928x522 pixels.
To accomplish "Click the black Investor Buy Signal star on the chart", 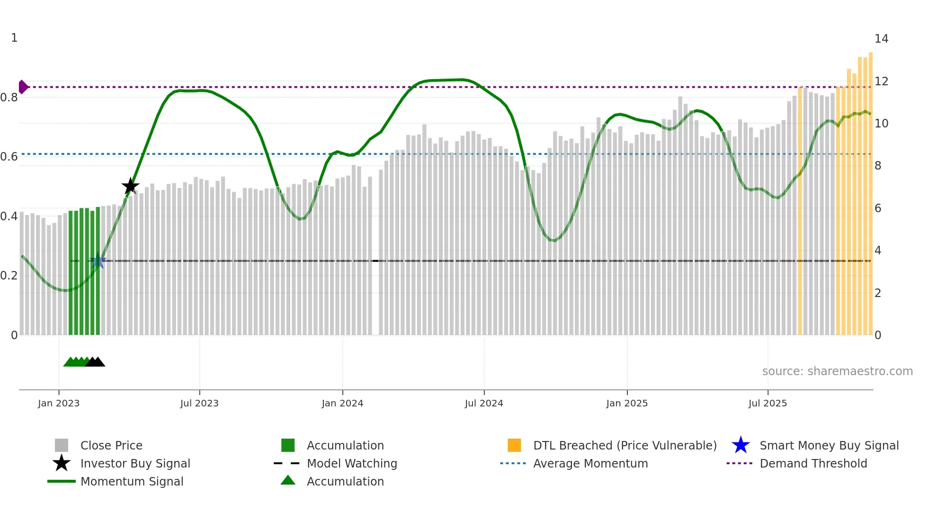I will coord(130,186).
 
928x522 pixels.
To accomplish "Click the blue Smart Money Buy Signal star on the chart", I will coord(98,261).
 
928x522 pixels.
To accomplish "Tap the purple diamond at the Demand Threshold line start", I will coord(23,87).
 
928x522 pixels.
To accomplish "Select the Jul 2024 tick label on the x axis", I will coord(484,403).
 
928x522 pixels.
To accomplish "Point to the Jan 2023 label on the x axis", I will coord(59,403).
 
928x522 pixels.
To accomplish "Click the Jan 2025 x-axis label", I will coord(627,403).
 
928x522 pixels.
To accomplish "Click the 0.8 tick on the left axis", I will coord(9,98).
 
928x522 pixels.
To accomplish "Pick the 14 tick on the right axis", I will coord(881,39).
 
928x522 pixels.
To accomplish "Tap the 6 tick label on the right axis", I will coord(878,208).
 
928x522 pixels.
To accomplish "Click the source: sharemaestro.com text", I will coord(837,371).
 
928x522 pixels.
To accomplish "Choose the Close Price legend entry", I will coord(111,445).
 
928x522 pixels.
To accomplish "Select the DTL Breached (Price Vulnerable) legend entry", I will coord(625,445).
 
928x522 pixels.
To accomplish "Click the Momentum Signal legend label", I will coord(132,481).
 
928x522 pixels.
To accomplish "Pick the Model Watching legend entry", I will coord(351,463).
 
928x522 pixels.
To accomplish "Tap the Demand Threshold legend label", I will coord(813,463).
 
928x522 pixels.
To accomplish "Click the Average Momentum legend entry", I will coord(590,463).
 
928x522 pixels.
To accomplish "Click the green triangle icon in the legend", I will coord(288,480).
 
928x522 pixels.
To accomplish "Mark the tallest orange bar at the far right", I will coord(870,189).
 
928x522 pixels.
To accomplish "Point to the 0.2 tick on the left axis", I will coord(9,276).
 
